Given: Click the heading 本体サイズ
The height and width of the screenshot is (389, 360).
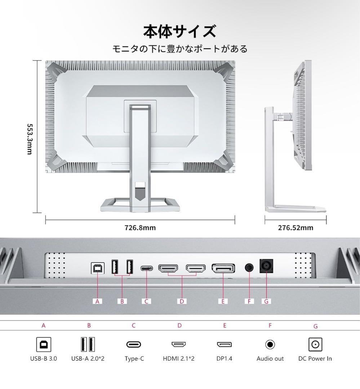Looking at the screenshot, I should click(x=180, y=32).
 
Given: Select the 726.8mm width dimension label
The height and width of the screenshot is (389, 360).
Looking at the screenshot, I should click(x=140, y=228).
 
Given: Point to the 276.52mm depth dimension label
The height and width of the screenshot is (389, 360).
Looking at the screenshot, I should click(x=295, y=228).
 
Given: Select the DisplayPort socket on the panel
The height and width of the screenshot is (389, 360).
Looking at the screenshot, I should click(x=223, y=269).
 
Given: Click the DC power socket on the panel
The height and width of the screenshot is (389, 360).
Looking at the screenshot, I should click(x=266, y=267).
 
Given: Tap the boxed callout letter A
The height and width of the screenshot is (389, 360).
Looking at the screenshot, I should click(x=97, y=301).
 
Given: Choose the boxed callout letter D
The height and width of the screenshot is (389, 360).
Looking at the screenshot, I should click(x=182, y=301).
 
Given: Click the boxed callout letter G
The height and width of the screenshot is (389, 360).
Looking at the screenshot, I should click(x=266, y=301).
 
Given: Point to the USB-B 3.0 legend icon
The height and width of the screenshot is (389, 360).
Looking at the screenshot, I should click(x=43, y=344).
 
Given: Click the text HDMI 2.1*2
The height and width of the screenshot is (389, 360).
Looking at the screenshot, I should click(x=179, y=359).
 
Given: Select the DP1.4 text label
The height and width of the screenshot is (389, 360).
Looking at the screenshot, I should click(x=224, y=359).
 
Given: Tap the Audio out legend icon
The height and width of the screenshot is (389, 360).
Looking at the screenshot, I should click(x=270, y=344).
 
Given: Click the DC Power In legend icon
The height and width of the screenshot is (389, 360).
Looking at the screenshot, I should click(x=315, y=344).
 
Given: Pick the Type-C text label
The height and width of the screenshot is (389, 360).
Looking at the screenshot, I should click(x=134, y=359).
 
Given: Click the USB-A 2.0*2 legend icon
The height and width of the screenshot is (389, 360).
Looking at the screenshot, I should click(x=88, y=344).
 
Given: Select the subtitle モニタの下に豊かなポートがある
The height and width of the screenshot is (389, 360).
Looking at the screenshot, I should click(x=180, y=49).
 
